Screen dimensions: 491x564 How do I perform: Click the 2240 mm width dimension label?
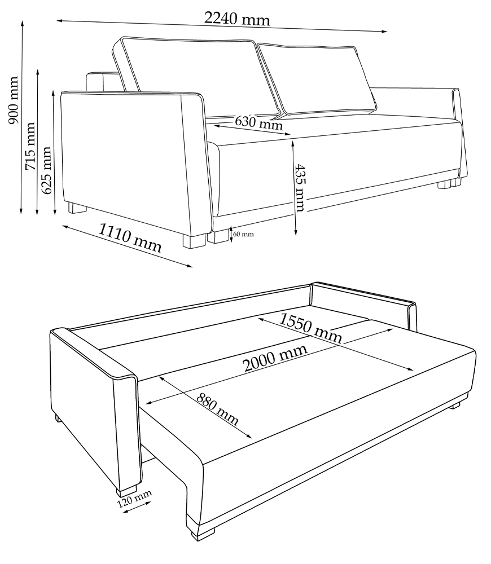(x=237, y=18)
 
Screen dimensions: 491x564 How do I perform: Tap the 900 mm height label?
(x=13, y=100)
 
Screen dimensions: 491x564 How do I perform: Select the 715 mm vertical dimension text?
(x=29, y=146)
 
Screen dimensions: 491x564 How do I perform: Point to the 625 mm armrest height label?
(x=46, y=170)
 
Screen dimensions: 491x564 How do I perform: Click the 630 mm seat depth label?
(x=258, y=122)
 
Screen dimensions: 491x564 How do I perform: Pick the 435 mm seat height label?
(x=300, y=188)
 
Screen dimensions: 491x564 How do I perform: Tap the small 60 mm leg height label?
(x=243, y=234)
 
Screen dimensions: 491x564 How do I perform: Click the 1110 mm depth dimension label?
(x=130, y=237)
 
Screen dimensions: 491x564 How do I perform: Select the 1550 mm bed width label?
(x=310, y=328)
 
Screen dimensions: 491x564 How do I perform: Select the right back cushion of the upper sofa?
(x=317, y=79)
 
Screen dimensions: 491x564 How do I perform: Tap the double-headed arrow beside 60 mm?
(x=231, y=234)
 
